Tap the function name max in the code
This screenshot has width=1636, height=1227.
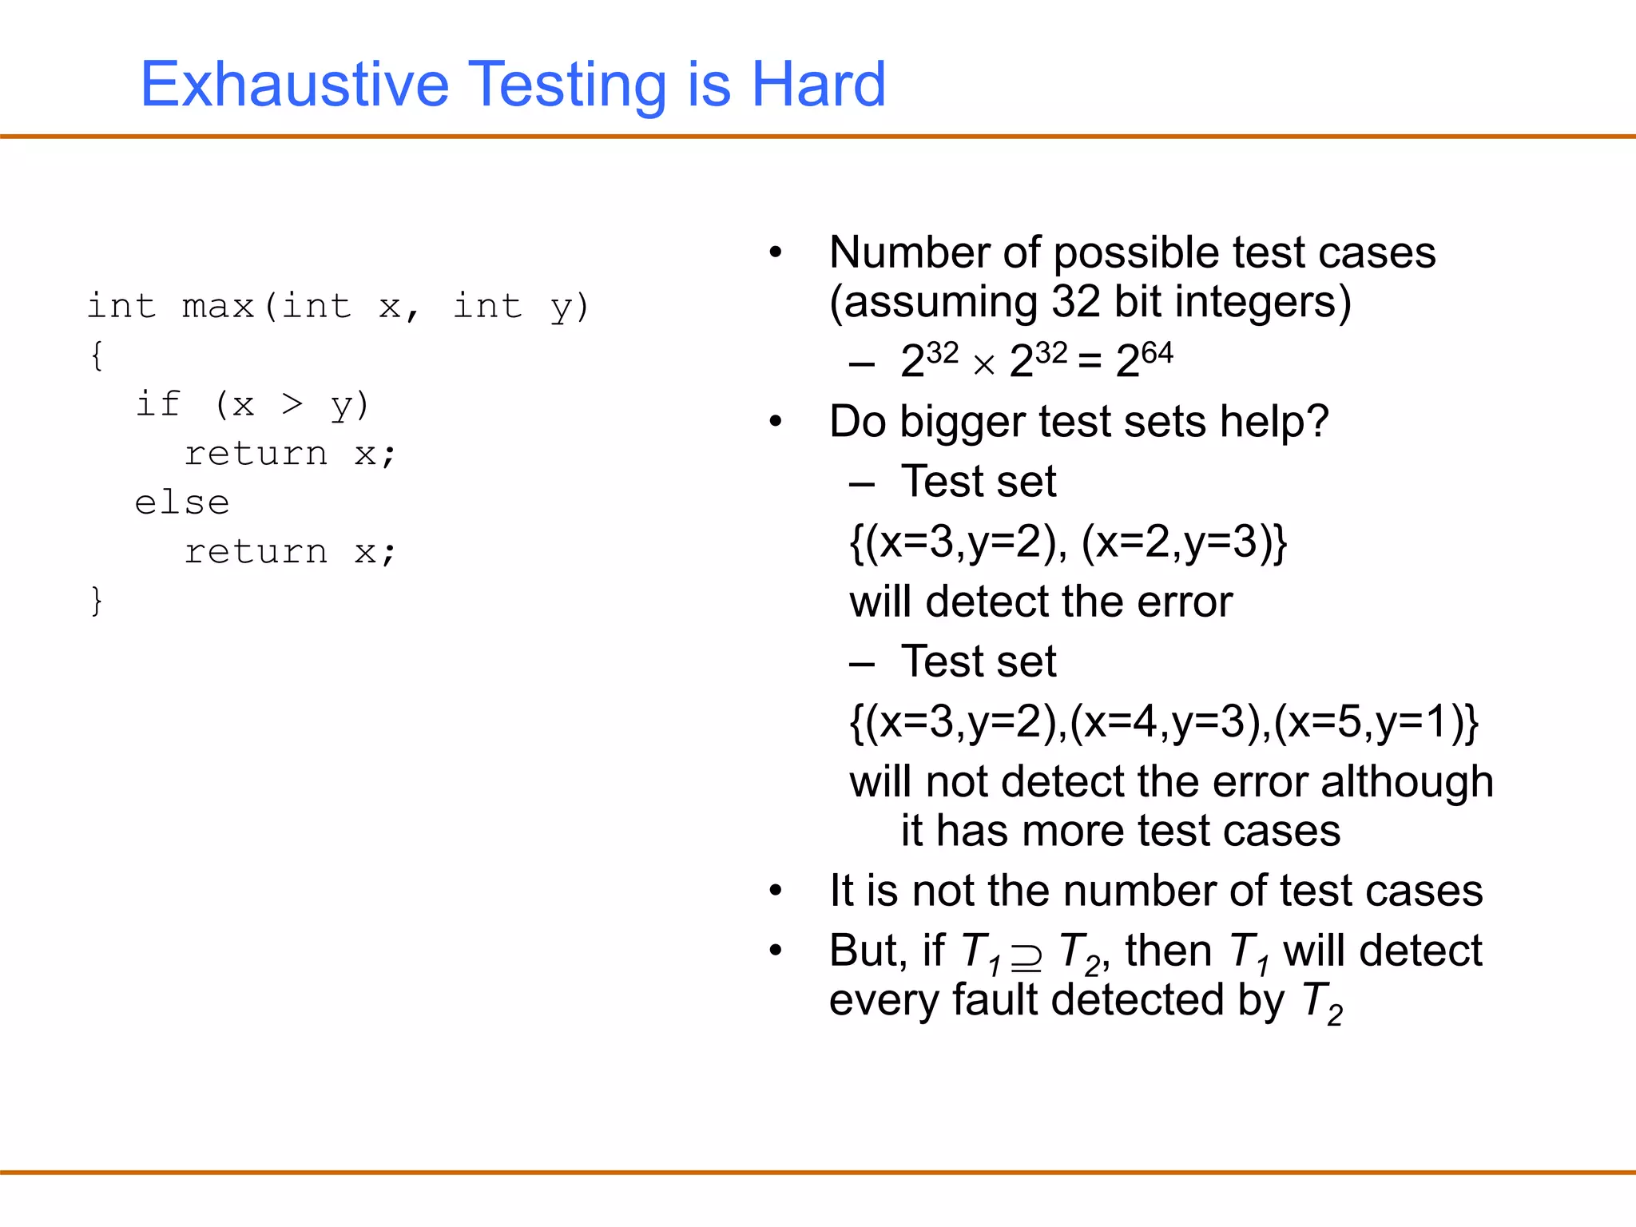pos(217,307)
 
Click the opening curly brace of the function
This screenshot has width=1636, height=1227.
pos(97,355)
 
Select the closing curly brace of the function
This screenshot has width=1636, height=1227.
pos(97,601)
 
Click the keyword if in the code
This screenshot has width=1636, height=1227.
pos(157,404)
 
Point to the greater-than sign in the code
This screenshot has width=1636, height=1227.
pos(292,405)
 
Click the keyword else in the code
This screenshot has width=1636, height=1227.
pos(182,503)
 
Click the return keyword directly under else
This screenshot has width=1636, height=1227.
pos(256,552)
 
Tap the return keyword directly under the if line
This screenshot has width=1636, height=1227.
pos(256,455)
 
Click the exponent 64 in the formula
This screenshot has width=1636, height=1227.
pos(1157,352)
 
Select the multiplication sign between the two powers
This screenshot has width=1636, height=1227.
pos(983,365)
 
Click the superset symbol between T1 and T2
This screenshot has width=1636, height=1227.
pos(1026,956)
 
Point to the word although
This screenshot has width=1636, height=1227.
pos(1406,782)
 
